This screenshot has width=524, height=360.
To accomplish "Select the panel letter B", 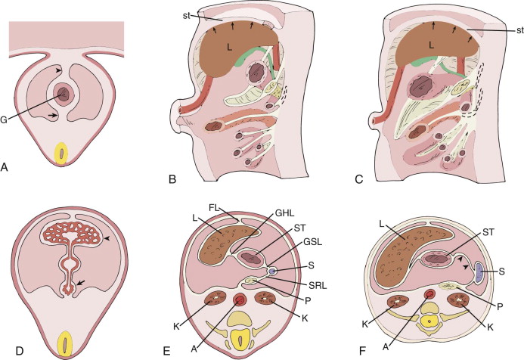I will tap(172, 179).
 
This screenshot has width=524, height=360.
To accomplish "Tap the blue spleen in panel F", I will tap(480, 273).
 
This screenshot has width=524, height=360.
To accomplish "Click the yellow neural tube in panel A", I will tap(63, 154).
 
